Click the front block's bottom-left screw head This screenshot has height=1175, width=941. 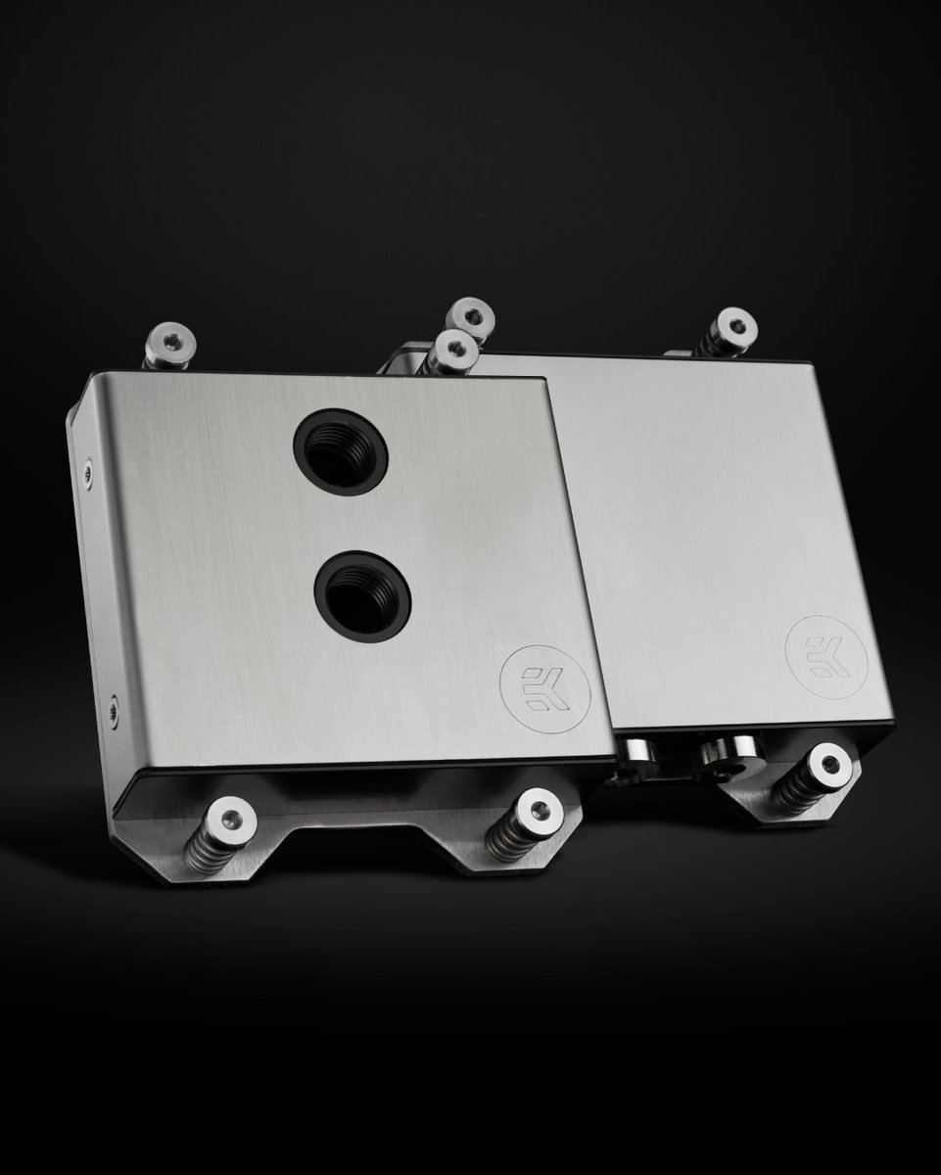[232, 812]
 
